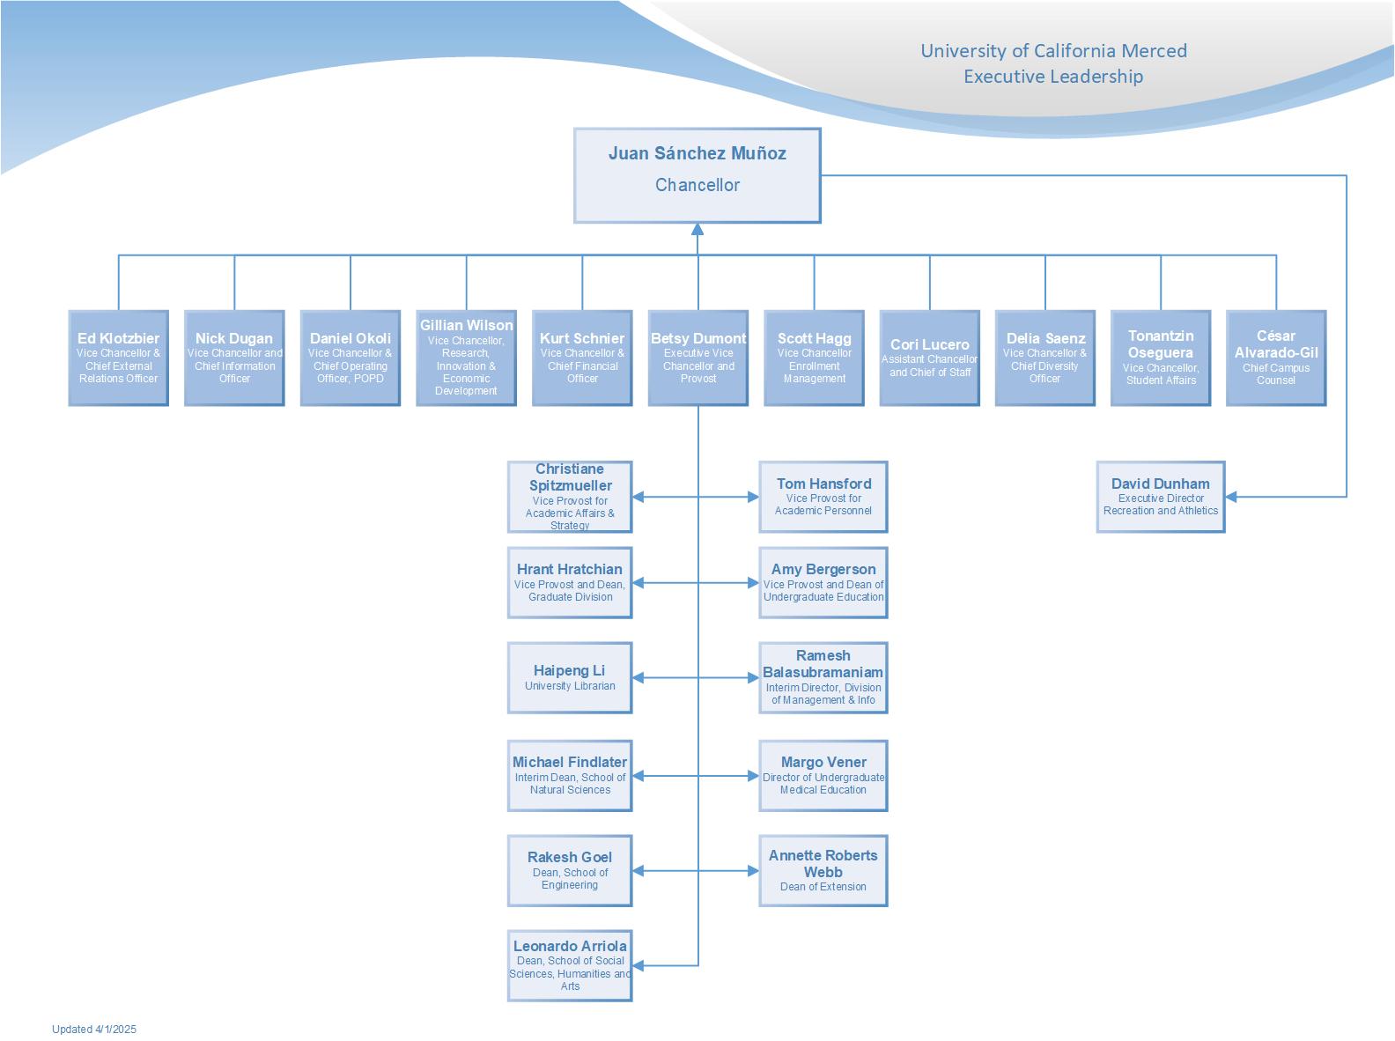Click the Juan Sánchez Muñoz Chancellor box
click(697, 175)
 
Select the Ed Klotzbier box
click(118, 358)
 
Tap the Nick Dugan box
click(234, 358)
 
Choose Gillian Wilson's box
click(466, 358)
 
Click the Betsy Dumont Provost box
click(697, 358)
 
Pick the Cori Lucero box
click(929, 358)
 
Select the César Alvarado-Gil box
click(1276, 358)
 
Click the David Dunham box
click(1161, 497)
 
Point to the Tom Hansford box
click(823, 497)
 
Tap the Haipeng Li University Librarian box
click(570, 677)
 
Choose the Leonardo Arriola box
click(570, 965)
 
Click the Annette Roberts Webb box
click(823, 871)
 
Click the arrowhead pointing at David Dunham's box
click(1231, 497)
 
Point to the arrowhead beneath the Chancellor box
click(697, 230)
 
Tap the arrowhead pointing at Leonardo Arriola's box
click(638, 965)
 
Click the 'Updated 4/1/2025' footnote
click(94, 1029)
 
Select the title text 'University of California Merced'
click(1053, 51)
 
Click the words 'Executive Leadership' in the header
click(1053, 77)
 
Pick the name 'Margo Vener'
click(823, 761)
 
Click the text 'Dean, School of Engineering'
click(570, 878)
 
